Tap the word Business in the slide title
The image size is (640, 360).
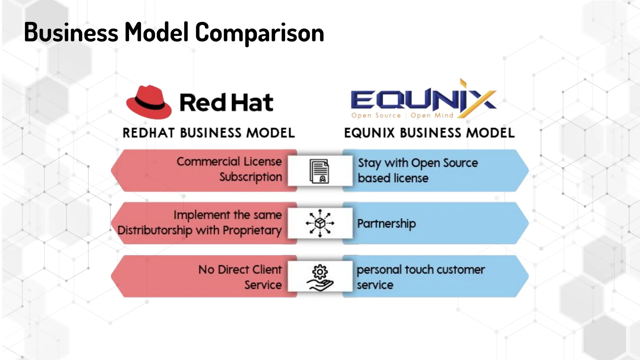(71, 32)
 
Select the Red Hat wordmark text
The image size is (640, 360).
(226, 102)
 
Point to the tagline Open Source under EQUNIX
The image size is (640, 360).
(376, 115)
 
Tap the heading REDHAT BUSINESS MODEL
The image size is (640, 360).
(208, 133)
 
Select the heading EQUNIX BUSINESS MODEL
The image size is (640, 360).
(429, 133)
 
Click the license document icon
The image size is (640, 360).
(319, 171)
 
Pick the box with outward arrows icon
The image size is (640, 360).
(320, 223)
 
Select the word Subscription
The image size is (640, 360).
(250, 177)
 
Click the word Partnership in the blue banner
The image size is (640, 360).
(386, 223)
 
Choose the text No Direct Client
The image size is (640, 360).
(240, 269)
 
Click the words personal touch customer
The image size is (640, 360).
(421, 269)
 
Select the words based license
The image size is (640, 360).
(393, 178)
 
